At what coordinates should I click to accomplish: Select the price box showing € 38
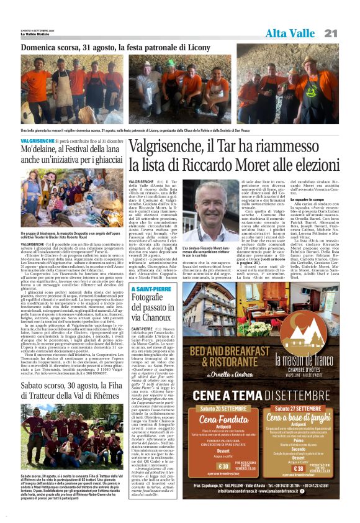tap(282, 467)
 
